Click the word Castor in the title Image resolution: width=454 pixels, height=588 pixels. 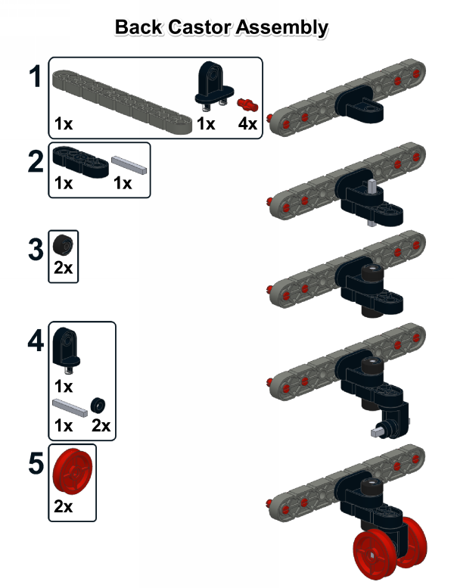[201, 27]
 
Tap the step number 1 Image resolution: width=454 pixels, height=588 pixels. [36, 76]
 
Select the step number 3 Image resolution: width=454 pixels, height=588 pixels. [36, 250]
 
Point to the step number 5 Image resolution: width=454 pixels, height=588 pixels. [36, 463]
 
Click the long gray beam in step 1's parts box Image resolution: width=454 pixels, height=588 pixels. [123, 101]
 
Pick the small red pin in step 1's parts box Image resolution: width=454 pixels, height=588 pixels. [247, 104]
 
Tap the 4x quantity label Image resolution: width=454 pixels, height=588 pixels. [247, 123]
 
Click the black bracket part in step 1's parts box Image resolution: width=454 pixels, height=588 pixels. [214, 86]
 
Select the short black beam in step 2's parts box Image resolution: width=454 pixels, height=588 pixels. [81, 162]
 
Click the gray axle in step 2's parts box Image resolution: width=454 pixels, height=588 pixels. [129, 166]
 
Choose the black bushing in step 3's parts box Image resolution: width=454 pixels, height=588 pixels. [63, 244]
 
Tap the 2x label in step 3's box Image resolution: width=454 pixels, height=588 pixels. [63, 268]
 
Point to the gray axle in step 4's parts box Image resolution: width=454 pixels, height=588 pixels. [70, 408]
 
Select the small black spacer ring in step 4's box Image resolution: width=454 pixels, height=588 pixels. [98, 405]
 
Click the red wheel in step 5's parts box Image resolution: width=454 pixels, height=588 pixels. [73, 471]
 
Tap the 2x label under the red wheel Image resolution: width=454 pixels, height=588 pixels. [63, 506]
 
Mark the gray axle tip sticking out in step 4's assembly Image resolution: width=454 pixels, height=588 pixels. [375, 432]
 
